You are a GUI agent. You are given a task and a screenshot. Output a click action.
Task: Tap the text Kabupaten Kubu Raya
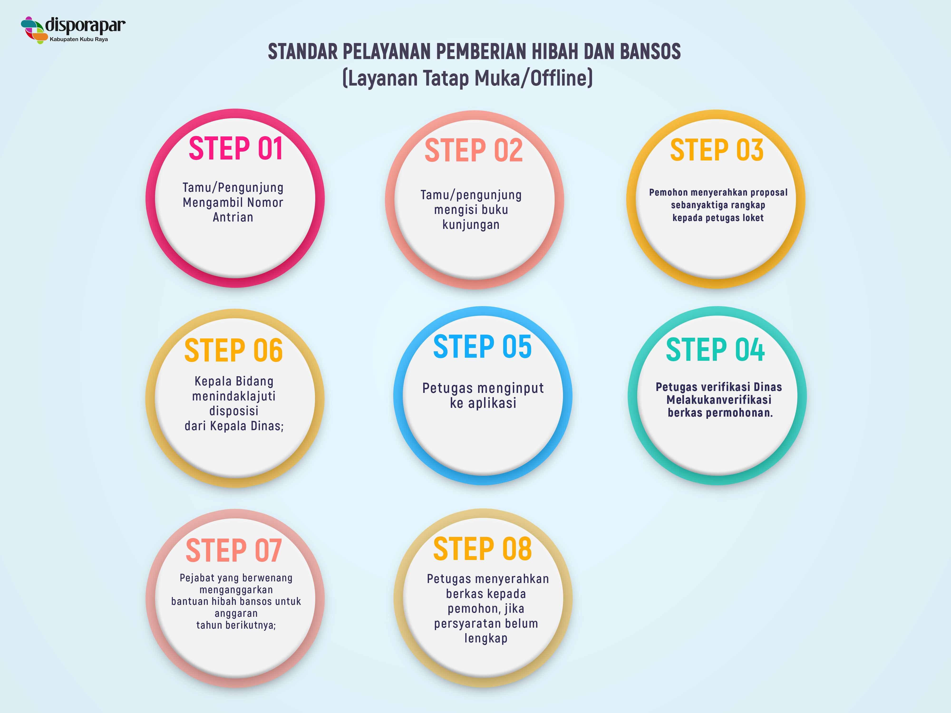[79, 39]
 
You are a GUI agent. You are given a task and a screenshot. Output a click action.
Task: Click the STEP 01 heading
[236, 149]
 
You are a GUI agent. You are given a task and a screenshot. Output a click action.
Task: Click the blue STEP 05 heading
[482, 347]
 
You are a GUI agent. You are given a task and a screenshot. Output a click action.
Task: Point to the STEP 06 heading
[233, 350]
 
